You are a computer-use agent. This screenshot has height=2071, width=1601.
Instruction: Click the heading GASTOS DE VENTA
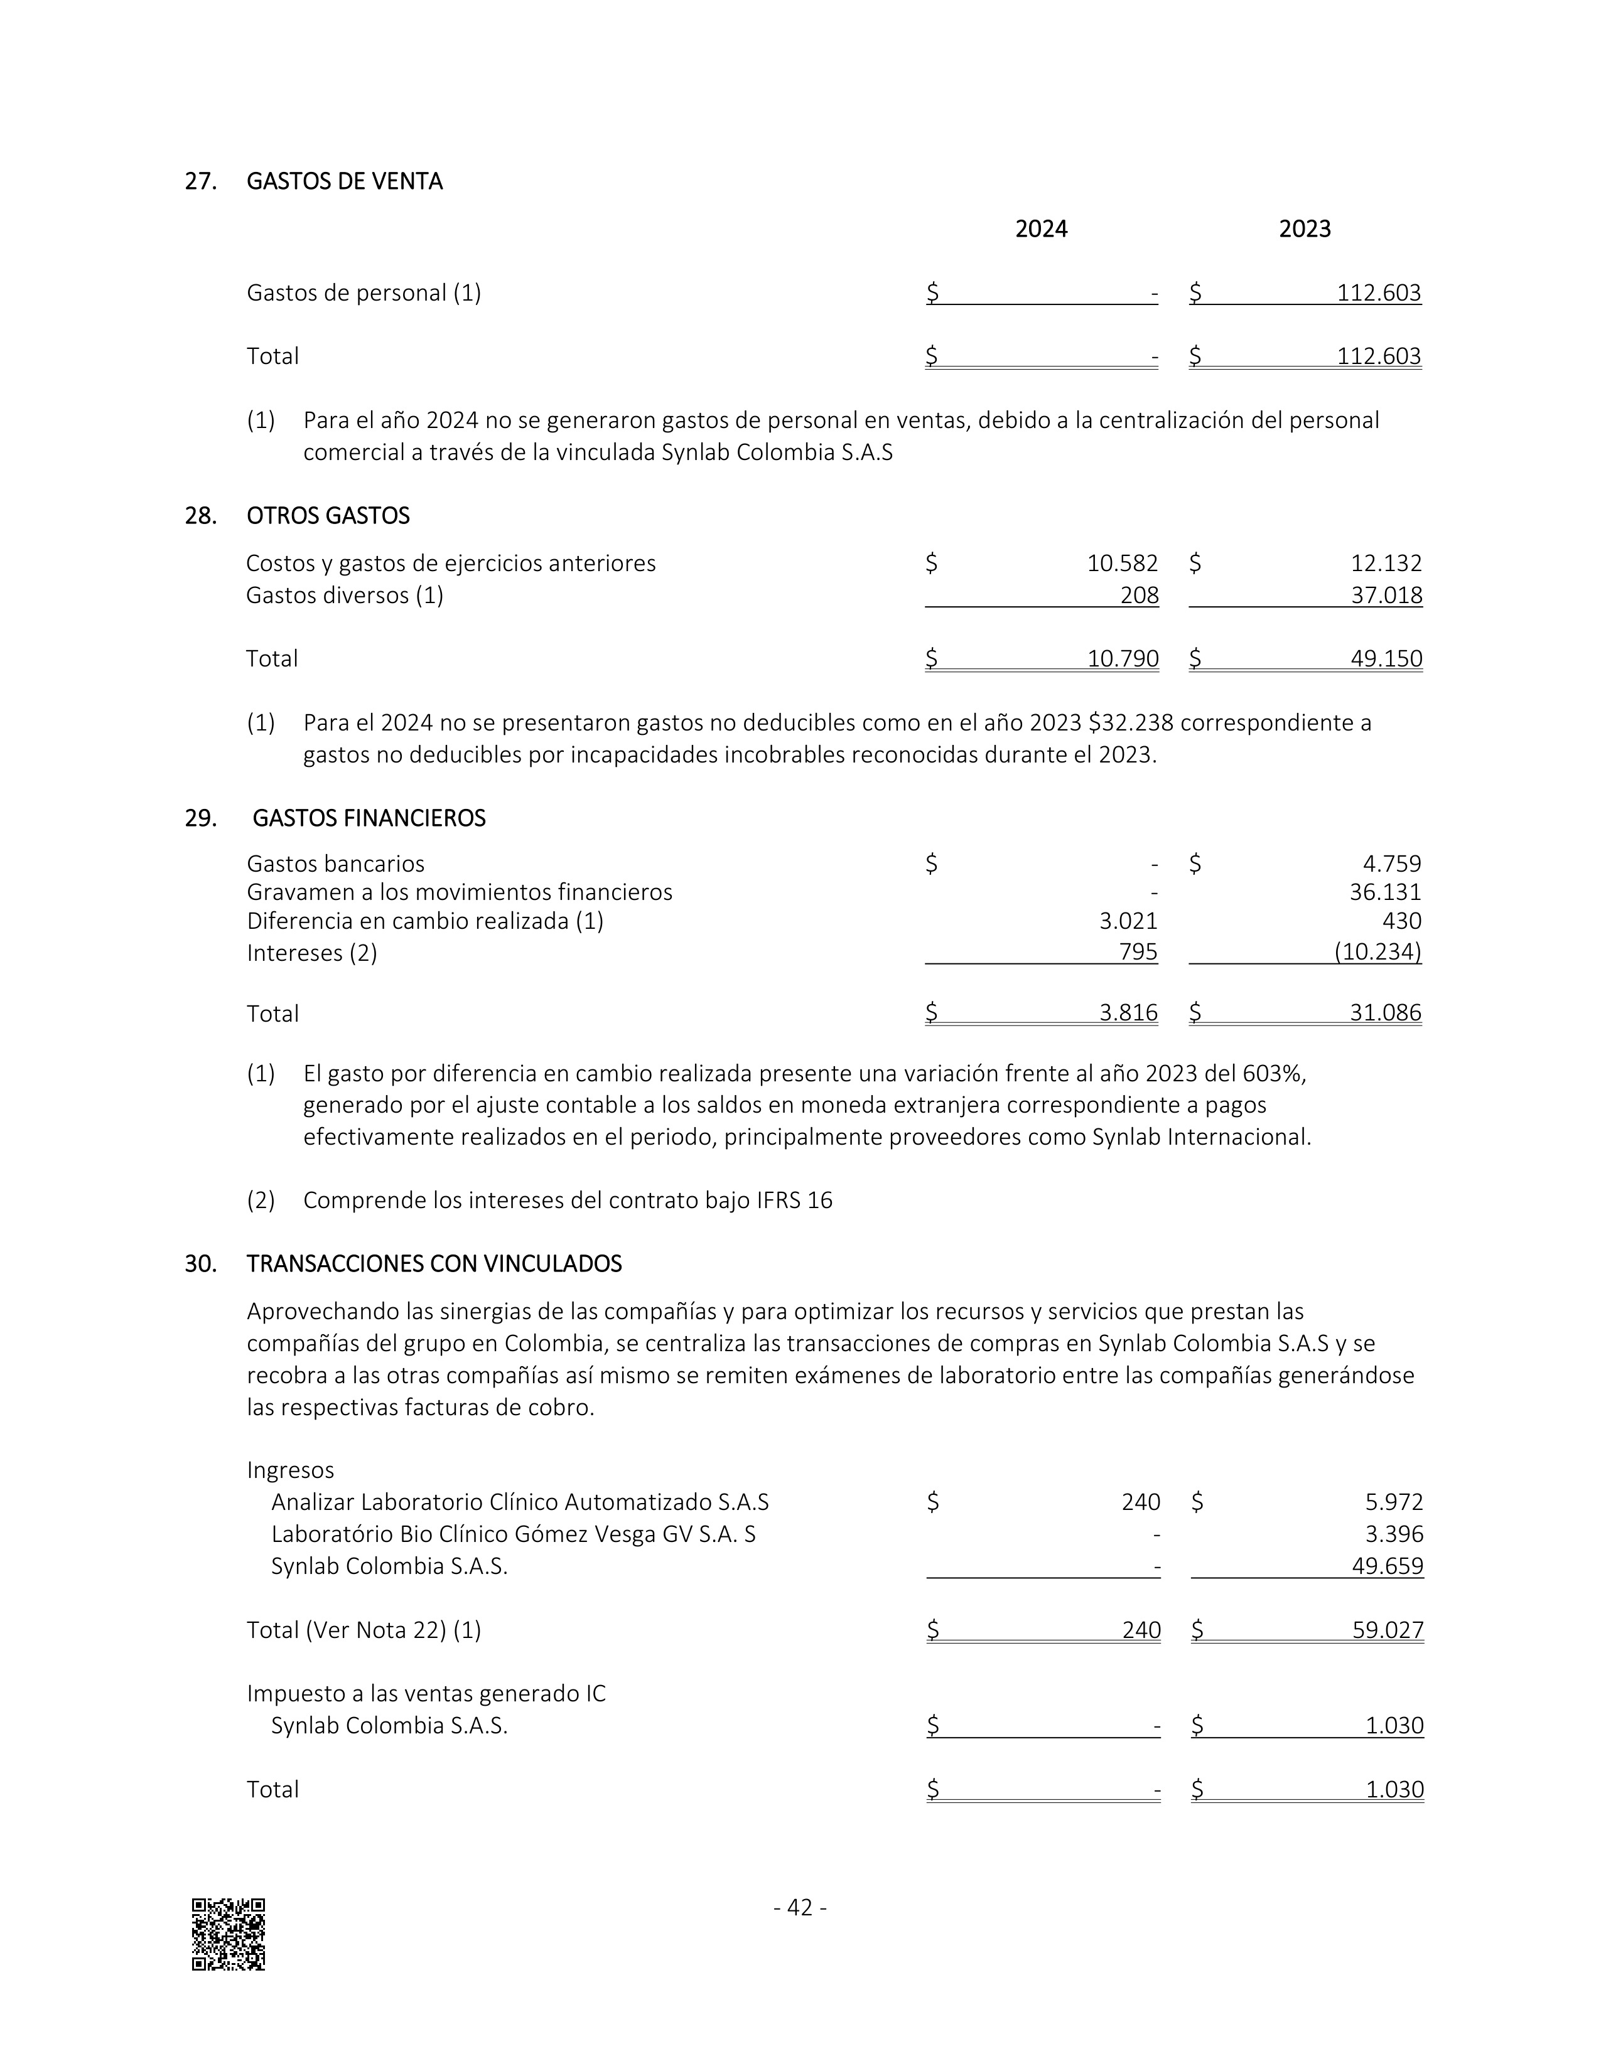344,181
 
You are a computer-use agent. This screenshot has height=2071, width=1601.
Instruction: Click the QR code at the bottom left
229,1934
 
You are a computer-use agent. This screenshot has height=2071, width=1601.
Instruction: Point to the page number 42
800,1907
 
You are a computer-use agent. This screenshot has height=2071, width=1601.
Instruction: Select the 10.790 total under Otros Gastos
1123,658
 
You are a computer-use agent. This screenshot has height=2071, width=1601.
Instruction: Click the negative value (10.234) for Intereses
1377,952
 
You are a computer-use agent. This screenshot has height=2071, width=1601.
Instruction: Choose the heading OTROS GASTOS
328,516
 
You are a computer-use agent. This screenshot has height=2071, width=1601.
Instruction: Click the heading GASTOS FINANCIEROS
369,818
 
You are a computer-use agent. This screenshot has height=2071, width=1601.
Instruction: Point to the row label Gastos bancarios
336,864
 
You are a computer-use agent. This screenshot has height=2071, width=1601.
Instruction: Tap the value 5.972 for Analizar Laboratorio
1394,1502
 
